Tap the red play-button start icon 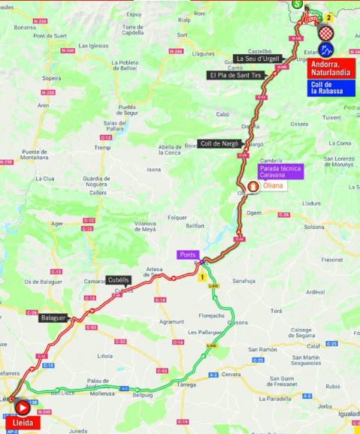click(x=23, y=408)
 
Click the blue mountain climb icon click(x=327, y=51)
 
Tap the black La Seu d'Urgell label click(x=258, y=59)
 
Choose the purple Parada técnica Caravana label click(x=280, y=171)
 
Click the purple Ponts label click(x=187, y=255)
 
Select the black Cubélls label click(x=119, y=280)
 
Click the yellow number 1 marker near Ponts click(x=201, y=276)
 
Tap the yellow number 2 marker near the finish click(x=328, y=15)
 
